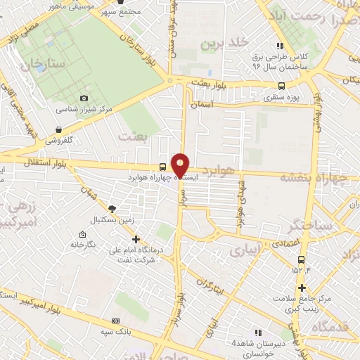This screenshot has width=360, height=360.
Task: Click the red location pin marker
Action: [181, 165]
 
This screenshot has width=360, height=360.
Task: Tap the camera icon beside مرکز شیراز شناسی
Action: [84, 98]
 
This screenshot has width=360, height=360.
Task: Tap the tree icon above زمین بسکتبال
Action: [112, 209]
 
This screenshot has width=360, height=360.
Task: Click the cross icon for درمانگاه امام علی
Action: [136, 238]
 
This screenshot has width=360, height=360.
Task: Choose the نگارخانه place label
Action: [82, 244]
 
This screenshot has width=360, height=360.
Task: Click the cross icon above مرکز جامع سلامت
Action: [302, 287]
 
